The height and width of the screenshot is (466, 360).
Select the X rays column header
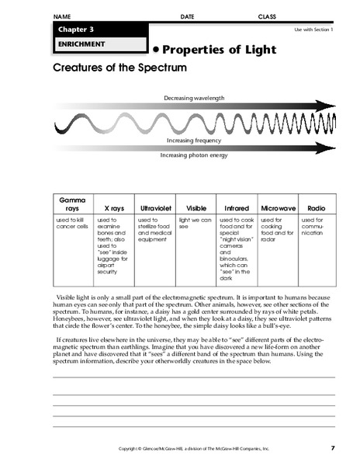pos(113,209)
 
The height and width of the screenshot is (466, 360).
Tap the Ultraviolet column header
pos(154,209)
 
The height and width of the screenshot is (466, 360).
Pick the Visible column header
pos(196,209)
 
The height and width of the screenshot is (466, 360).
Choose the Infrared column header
pos(237,209)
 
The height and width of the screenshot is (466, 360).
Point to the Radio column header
pos(316,209)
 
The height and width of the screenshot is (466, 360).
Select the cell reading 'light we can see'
pos(196,224)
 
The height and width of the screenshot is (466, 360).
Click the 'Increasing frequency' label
pos(195,141)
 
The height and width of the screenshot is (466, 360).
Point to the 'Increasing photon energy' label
pos(195,155)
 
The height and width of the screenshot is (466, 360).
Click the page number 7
pos(332,448)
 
